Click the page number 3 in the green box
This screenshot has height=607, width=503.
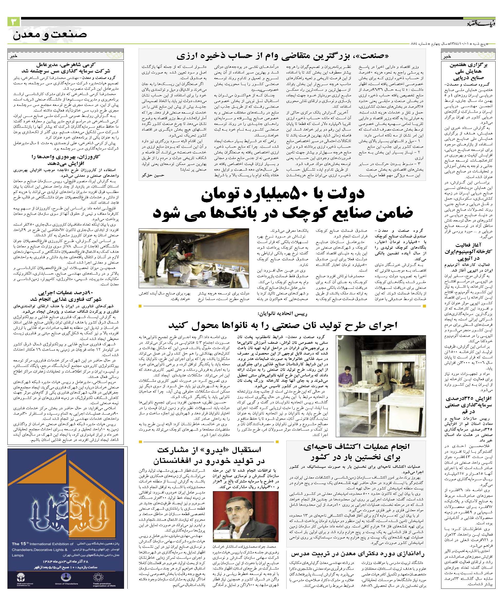point(14,22)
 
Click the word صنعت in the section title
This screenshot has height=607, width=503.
point(69,35)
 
